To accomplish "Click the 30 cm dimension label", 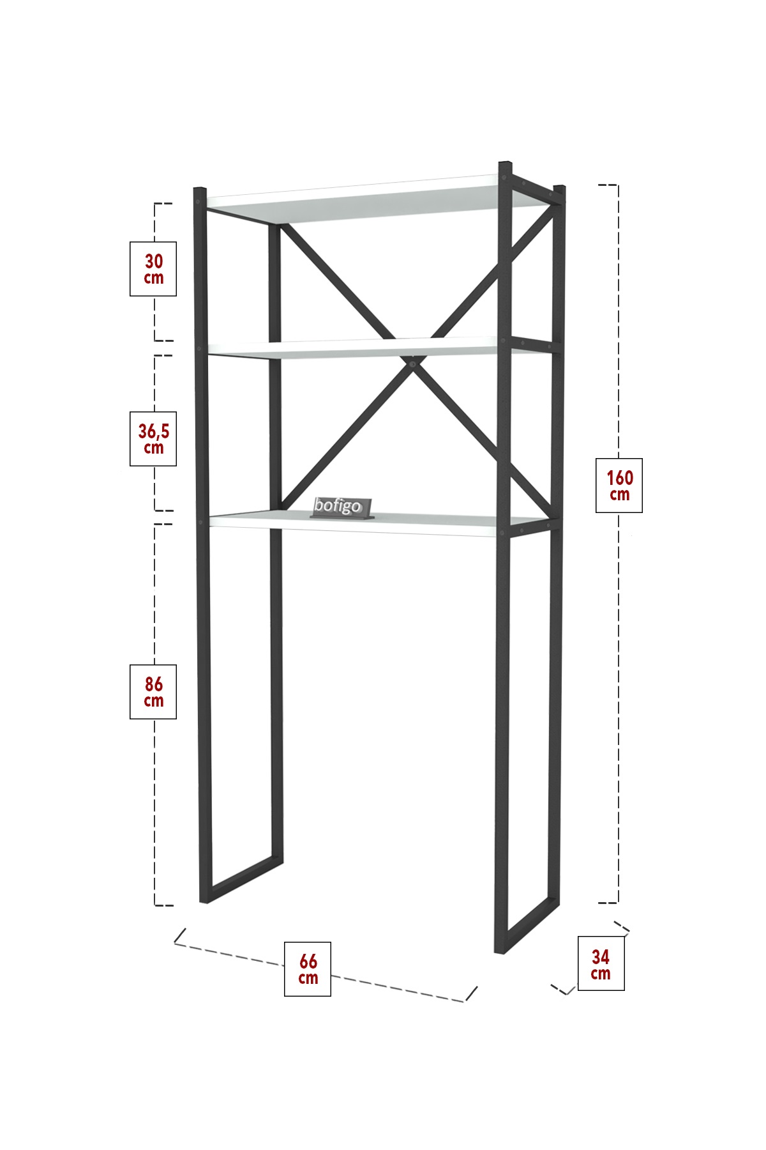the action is pos(153,268).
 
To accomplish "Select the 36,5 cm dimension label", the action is pos(153,438).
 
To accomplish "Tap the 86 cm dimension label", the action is pos(153,692).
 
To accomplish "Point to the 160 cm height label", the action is pos(619,486).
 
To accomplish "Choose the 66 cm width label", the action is pos(308,969).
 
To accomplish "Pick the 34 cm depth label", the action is pos(601,964).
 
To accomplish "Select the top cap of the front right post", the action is pos(506,164).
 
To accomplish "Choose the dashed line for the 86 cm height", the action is pos(155,714).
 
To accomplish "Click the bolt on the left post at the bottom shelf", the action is pos(200,522).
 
